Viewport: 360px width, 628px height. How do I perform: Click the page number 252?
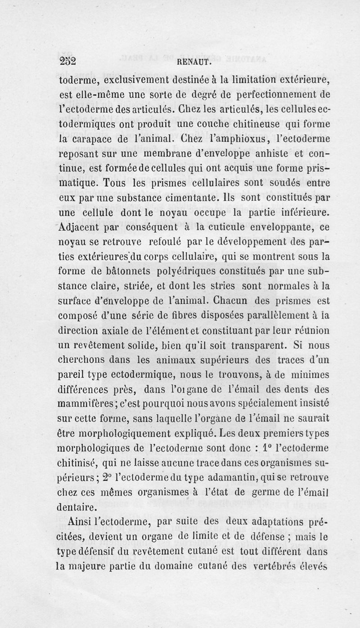(x=68, y=62)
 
